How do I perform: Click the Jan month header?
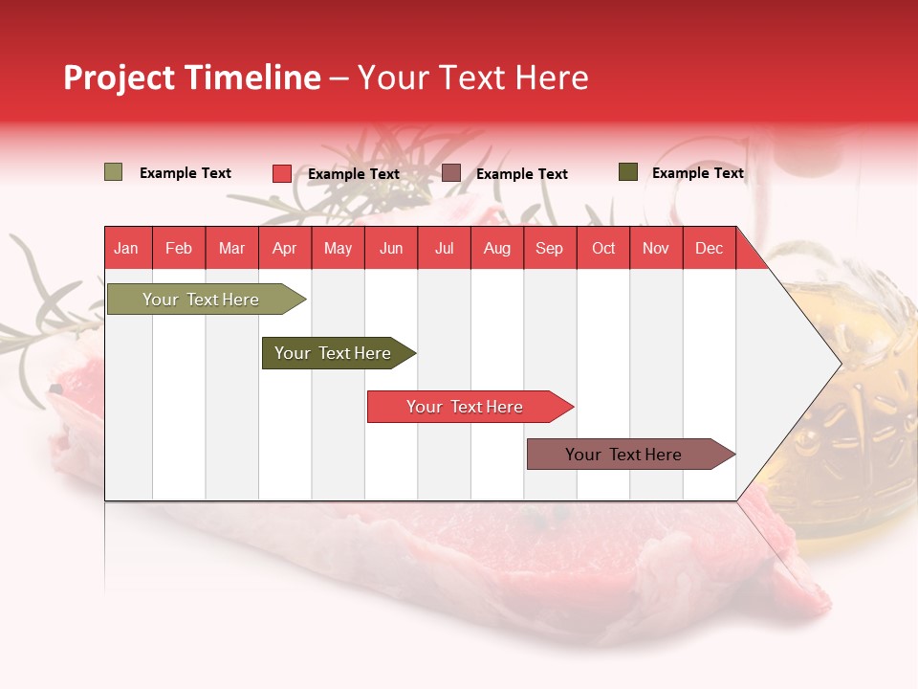(126, 248)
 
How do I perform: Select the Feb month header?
(179, 248)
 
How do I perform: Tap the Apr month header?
(284, 248)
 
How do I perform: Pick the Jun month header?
(391, 248)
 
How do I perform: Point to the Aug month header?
(496, 248)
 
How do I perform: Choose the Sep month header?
(549, 248)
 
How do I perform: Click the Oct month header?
(603, 248)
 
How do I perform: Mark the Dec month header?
(709, 248)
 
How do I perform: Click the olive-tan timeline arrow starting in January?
(202, 300)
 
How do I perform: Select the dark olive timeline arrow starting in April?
(334, 353)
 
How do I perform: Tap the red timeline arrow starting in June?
(465, 407)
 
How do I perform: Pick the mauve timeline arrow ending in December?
(624, 455)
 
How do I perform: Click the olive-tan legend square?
(113, 172)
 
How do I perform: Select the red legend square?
(281, 173)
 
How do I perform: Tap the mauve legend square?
(450, 173)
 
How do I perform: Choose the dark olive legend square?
(627, 172)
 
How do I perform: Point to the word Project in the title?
(120, 78)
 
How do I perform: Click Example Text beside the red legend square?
(354, 174)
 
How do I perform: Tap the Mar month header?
(231, 248)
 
